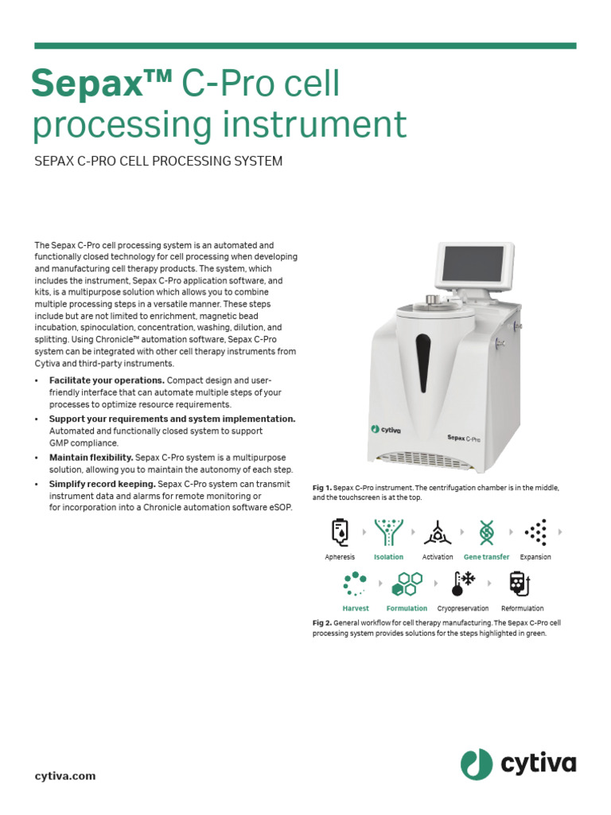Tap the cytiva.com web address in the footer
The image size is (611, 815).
pyautogui.click(x=65, y=775)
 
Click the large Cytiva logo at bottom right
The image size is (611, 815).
pyautogui.click(x=518, y=765)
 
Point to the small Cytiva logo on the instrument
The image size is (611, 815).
pyautogui.click(x=387, y=429)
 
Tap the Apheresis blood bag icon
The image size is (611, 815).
pyautogui.click(x=340, y=532)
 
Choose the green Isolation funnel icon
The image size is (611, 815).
pyautogui.click(x=389, y=532)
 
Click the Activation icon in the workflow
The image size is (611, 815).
pyautogui.click(x=437, y=532)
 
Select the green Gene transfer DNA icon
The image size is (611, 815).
pyautogui.click(x=486, y=532)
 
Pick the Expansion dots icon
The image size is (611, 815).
pyautogui.click(x=535, y=532)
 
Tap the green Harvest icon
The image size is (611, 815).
pyautogui.click(x=356, y=584)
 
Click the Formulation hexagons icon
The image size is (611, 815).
pyautogui.click(x=407, y=584)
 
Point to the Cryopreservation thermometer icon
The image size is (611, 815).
pyautogui.click(x=462, y=584)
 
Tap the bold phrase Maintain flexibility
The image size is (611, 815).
pyautogui.click(x=91, y=458)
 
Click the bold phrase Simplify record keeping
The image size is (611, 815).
pyautogui.click(x=103, y=484)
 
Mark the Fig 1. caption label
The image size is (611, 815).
pyautogui.click(x=321, y=486)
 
